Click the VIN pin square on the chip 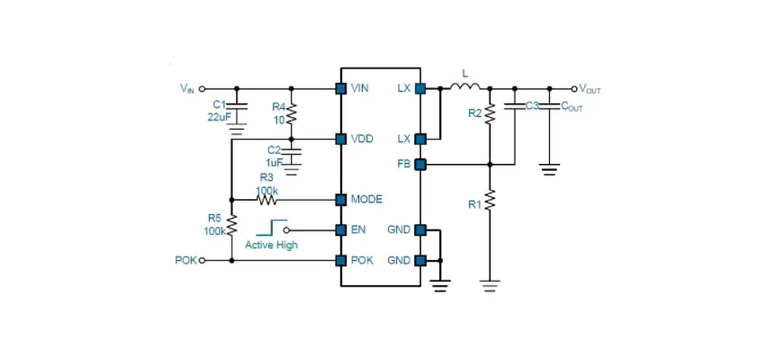pyautogui.click(x=341, y=88)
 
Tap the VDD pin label pyautogui.click(x=362, y=139)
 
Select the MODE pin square pyautogui.click(x=341, y=200)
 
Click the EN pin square pyautogui.click(x=341, y=229)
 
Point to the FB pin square pyautogui.click(x=420, y=165)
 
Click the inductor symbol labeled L pyautogui.click(x=465, y=86)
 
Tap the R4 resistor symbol pyautogui.click(x=292, y=113)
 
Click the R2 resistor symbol pyautogui.click(x=490, y=113)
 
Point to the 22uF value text pyautogui.click(x=218, y=116)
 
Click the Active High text pyautogui.click(x=271, y=245)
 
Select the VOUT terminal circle pyautogui.click(x=574, y=89)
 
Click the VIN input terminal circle pyautogui.click(x=202, y=89)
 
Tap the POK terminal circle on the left pyautogui.click(x=202, y=261)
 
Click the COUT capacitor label pyautogui.click(x=572, y=106)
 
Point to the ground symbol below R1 pyautogui.click(x=490, y=285)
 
